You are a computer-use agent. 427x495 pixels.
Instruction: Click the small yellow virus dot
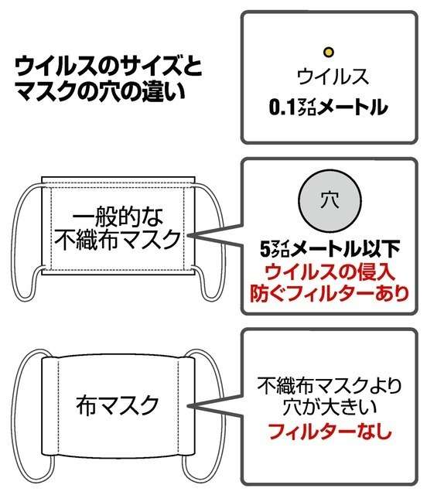pyautogui.click(x=329, y=52)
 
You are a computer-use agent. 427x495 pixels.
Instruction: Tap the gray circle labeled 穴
pyautogui.click(x=330, y=201)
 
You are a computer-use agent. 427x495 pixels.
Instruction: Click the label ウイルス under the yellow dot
pyautogui.click(x=333, y=76)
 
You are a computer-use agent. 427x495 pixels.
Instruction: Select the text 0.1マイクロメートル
pyautogui.click(x=328, y=108)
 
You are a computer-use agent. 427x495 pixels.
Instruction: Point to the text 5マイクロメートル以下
pyautogui.click(x=330, y=249)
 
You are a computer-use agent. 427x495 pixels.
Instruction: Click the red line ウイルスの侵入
pyautogui.click(x=330, y=272)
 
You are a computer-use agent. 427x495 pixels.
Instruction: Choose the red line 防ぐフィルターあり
pyautogui.click(x=330, y=294)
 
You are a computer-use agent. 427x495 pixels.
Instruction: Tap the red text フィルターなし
pyautogui.click(x=330, y=431)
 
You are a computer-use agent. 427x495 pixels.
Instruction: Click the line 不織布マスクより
pyautogui.click(x=330, y=386)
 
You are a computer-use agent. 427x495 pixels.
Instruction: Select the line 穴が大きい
pyautogui.click(x=330, y=408)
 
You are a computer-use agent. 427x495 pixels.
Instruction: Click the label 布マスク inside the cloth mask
pyautogui.click(x=118, y=405)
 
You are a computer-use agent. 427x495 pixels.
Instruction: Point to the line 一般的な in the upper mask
pyautogui.click(x=118, y=217)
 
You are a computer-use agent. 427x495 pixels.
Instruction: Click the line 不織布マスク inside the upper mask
pyautogui.click(x=118, y=240)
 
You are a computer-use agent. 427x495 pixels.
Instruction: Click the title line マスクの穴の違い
pyautogui.click(x=99, y=91)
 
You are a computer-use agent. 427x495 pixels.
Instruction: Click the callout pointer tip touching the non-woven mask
pyautogui.click(x=188, y=235)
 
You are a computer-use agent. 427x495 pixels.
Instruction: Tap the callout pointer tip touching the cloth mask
pyautogui.click(x=188, y=406)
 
